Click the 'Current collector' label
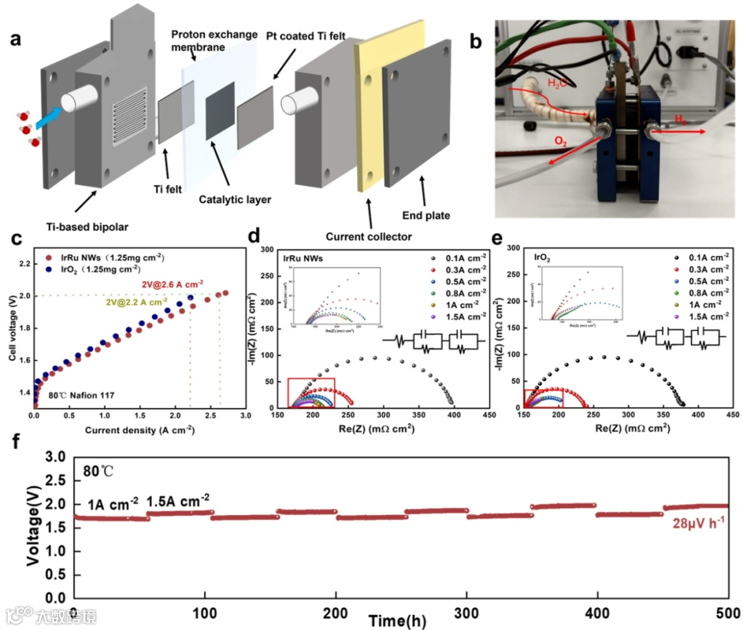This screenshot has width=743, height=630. click(x=370, y=237)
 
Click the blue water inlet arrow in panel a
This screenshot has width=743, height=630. click(x=49, y=118)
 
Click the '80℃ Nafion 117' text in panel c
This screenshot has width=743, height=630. click(x=76, y=396)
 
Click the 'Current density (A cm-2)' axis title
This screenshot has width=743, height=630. click(x=139, y=431)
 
